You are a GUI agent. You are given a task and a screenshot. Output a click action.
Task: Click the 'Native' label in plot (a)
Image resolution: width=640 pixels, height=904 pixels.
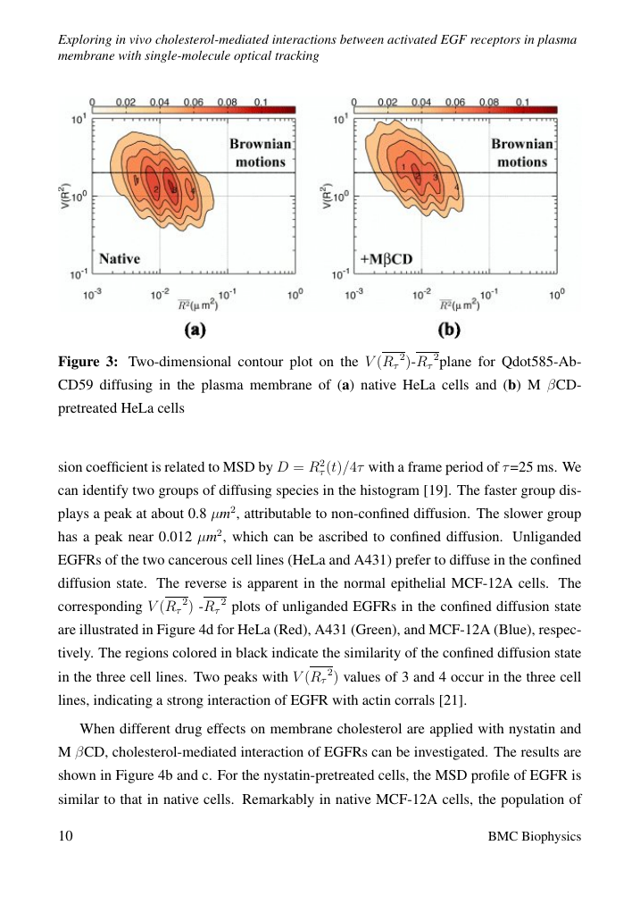(120, 258)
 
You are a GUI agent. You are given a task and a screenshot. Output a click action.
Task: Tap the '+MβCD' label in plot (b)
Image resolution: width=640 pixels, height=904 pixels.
(383, 258)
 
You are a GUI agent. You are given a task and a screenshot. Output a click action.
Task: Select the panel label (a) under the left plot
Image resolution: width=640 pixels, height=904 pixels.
(195, 330)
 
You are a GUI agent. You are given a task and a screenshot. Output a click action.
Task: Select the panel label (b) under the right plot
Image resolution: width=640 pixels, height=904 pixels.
(448, 330)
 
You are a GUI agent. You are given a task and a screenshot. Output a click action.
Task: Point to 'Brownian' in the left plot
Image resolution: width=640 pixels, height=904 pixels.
(258, 143)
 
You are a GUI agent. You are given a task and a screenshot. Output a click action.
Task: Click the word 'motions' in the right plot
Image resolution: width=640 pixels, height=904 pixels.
(521, 163)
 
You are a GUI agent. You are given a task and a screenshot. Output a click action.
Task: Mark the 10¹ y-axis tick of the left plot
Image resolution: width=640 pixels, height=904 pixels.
(79, 119)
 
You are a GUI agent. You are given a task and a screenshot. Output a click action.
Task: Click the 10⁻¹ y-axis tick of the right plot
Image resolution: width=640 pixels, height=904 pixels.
(340, 273)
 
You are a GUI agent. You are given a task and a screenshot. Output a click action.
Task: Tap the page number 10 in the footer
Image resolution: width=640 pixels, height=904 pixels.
(66, 836)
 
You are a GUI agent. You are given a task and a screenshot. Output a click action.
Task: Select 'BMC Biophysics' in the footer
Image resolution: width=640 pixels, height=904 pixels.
(536, 836)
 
